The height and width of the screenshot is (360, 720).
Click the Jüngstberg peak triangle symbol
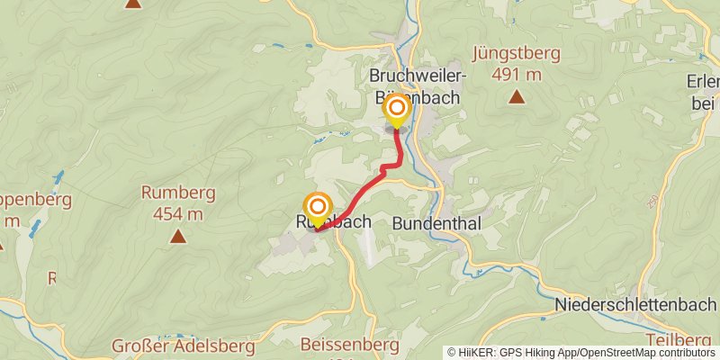pyautogui.click(x=516, y=97)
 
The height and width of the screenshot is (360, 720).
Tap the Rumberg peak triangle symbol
pyautogui.click(x=178, y=237)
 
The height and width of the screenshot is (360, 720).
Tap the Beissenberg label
pyautogui.click(x=347, y=345)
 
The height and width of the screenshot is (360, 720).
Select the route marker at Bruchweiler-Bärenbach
pyautogui.click(x=396, y=110)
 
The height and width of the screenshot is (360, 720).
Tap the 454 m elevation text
pyautogui.click(x=178, y=213)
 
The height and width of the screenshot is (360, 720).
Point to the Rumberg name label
pyautogui.click(x=178, y=193)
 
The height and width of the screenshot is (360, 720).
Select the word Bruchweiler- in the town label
pyautogui.click(x=416, y=74)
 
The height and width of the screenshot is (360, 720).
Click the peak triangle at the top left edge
pyautogui.click(x=133, y=3)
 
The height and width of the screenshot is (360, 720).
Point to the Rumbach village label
pyautogui.click(x=332, y=221)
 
